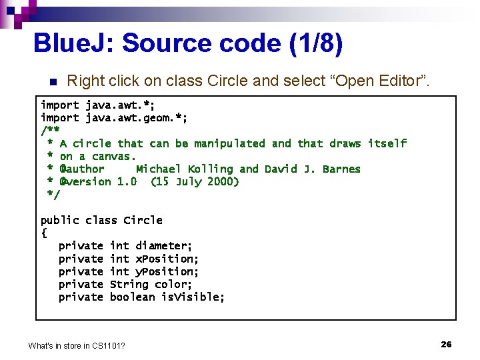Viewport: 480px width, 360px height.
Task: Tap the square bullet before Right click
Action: point(53,82)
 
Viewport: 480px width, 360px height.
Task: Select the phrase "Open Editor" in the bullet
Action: point(388,81)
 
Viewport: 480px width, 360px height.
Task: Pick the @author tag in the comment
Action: point(82,169)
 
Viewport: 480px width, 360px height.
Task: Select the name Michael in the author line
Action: point(159,169)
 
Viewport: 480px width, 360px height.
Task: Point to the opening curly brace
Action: point(44,233)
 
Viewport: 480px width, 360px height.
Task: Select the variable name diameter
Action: point(163,246)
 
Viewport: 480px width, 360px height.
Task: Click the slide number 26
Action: point(446,344)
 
